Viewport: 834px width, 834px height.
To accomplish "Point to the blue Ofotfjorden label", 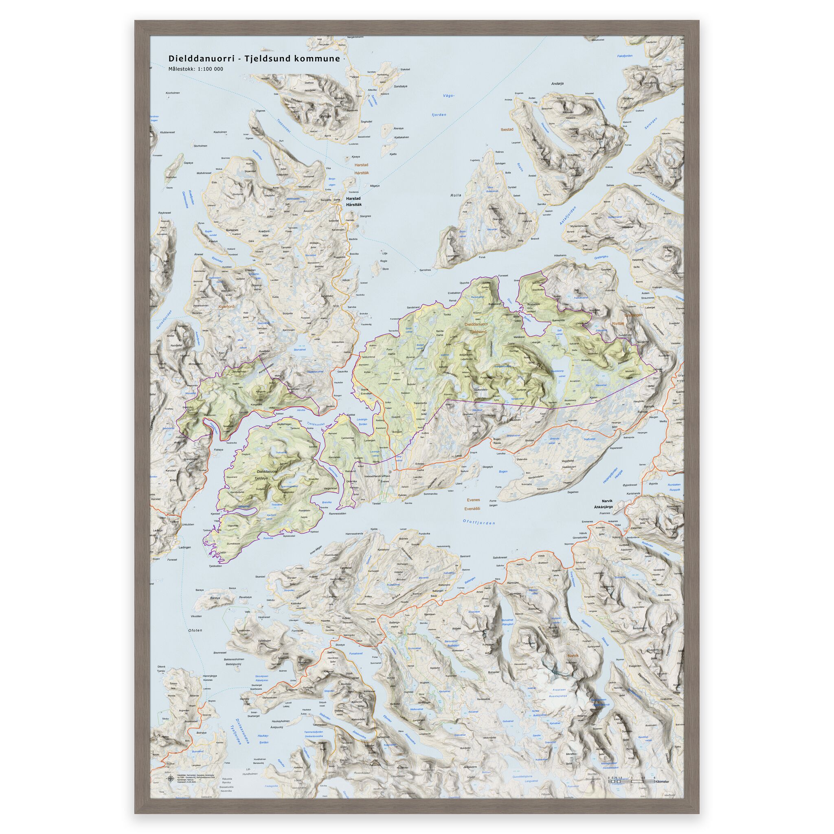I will (479, 522).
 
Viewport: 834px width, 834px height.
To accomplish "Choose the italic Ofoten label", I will (195, 630).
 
